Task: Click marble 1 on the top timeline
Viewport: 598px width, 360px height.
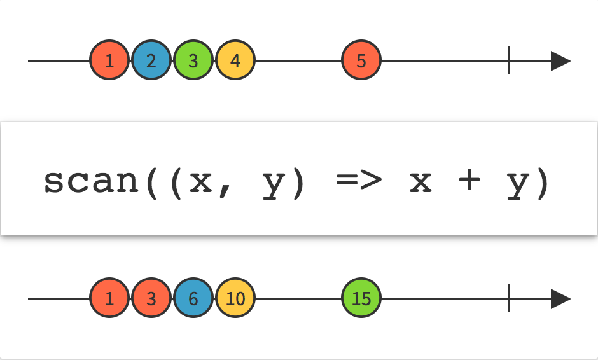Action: point(109,61)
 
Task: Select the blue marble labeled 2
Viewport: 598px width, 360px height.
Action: point(151,61)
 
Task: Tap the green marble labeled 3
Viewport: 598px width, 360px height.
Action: point(193,61)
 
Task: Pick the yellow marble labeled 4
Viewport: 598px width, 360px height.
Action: point(235,61)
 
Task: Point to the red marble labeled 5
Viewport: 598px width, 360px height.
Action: point(361,61)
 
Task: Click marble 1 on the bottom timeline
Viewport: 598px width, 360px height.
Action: point(109,299)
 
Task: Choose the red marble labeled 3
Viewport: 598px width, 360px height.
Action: point(151,299)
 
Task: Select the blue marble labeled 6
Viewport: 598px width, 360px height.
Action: point(193,299)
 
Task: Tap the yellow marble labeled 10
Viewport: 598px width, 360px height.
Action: point(235,299)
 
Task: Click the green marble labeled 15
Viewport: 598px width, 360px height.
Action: point(361,299)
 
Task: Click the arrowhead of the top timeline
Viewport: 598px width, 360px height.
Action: point(560,61)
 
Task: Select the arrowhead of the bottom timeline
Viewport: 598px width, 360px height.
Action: point(560,299)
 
